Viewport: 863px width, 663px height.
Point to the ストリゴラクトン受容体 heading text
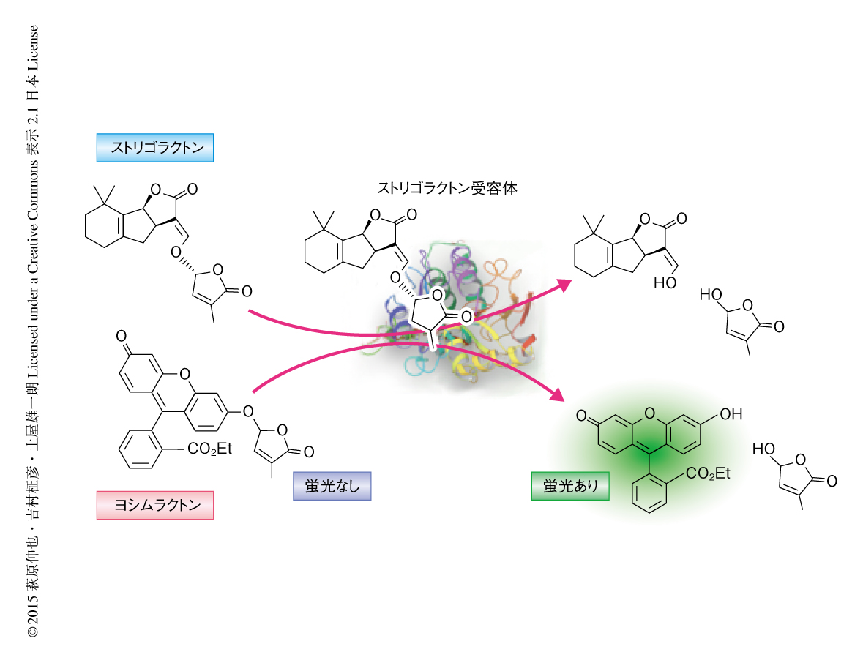pos(447,188)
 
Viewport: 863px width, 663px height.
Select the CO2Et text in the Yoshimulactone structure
pos(209,449)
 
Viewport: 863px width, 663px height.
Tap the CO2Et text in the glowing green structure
pos(708,475)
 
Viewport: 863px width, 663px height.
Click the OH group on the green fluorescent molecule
pos(731,415)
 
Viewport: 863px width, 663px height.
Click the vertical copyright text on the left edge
pos(32,329)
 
